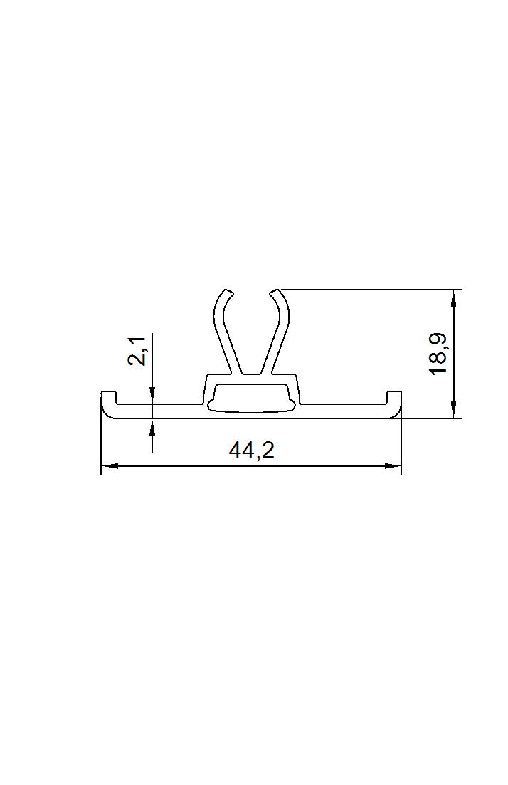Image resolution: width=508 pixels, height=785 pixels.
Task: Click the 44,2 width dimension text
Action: point(252,451)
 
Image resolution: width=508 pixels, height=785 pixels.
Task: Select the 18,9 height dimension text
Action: point(438,354)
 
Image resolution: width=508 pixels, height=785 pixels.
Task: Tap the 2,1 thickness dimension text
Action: point(137,351)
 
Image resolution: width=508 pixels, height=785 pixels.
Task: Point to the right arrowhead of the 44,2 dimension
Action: point(393,466)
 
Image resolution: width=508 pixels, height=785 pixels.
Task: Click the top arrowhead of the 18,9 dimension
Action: point(453,297)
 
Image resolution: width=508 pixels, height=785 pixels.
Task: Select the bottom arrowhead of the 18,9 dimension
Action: point(453,409)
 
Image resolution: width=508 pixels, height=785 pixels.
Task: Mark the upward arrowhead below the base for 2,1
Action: point(152,426)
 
